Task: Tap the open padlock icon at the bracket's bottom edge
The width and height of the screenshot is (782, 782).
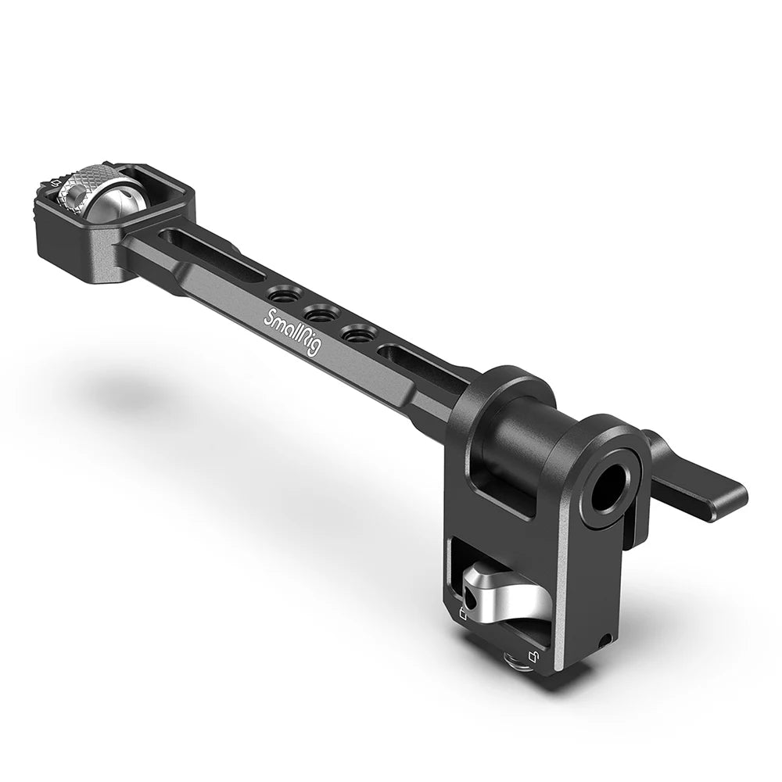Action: pyautogui.click(x=533, y=655)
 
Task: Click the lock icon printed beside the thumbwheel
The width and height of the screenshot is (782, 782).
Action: pyautogui.click(x=54, y=185)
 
